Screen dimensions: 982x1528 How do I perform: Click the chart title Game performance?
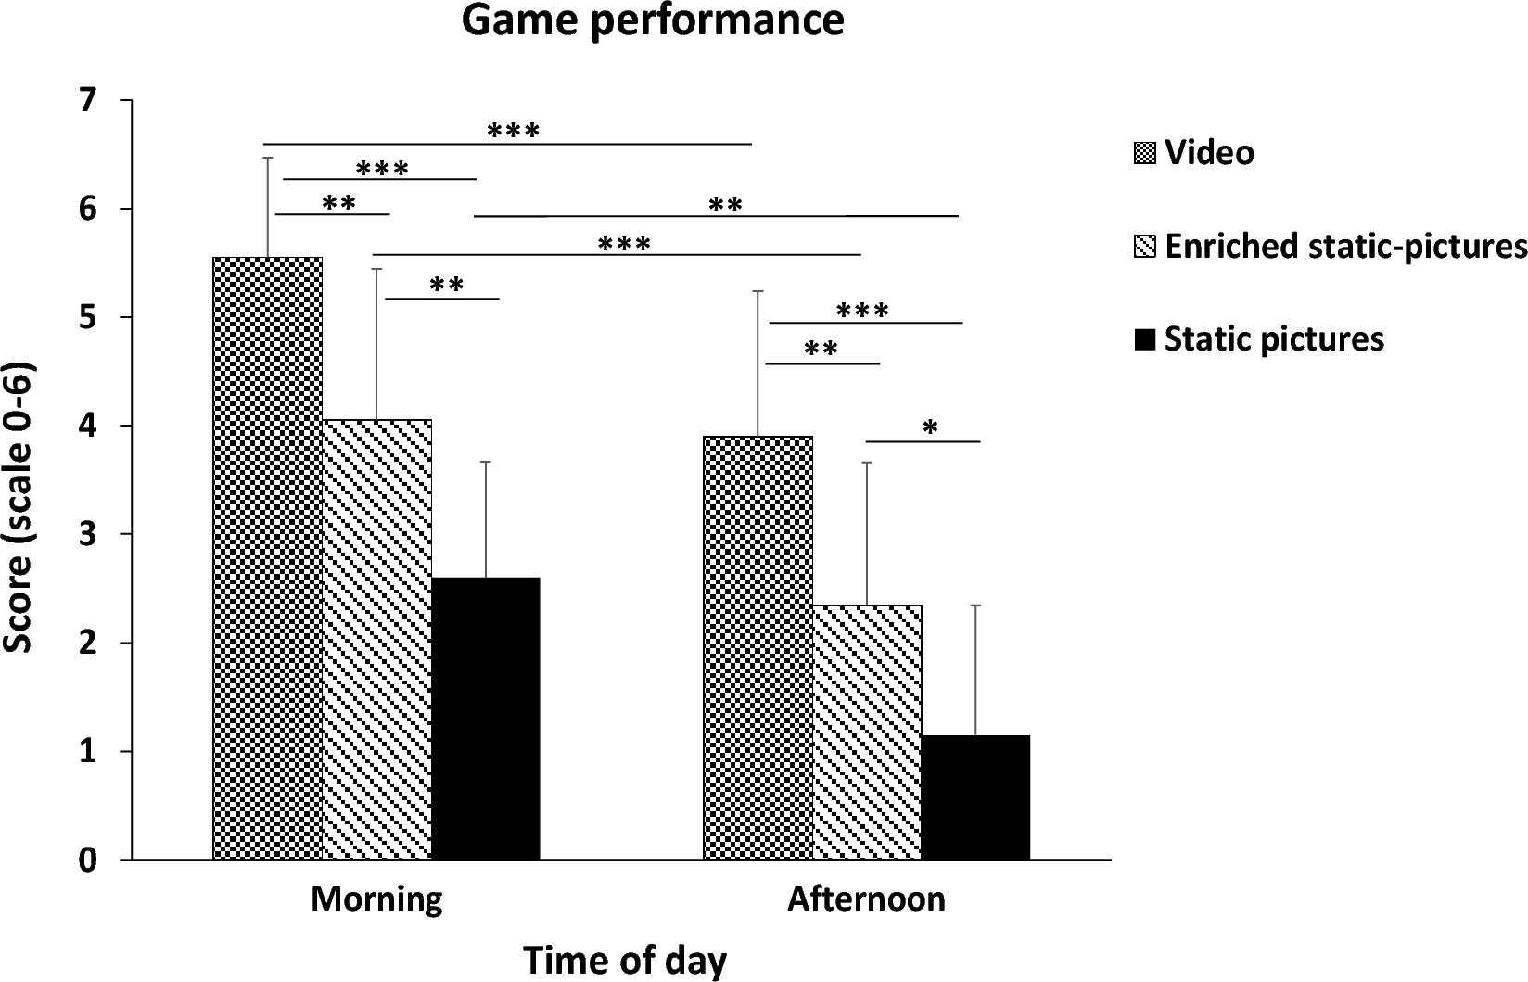(653, 20)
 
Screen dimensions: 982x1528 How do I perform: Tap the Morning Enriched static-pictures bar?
(376, 640)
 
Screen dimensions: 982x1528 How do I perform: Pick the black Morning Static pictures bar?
(486, 719)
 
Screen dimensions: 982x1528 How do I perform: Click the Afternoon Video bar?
(758, 648)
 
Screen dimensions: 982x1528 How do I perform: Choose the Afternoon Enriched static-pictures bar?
(867, 733)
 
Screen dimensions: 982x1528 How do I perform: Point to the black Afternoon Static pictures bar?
(975, 797)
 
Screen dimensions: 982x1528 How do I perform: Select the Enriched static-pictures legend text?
(1345, 246)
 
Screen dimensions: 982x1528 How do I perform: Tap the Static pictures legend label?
(1274, 338)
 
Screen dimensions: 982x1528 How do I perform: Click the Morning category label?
(376, 899)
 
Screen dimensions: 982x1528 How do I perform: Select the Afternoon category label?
(866, 899)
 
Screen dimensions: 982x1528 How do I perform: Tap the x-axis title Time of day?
(625, 960)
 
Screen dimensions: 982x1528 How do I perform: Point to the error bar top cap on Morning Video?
(268, 158)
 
